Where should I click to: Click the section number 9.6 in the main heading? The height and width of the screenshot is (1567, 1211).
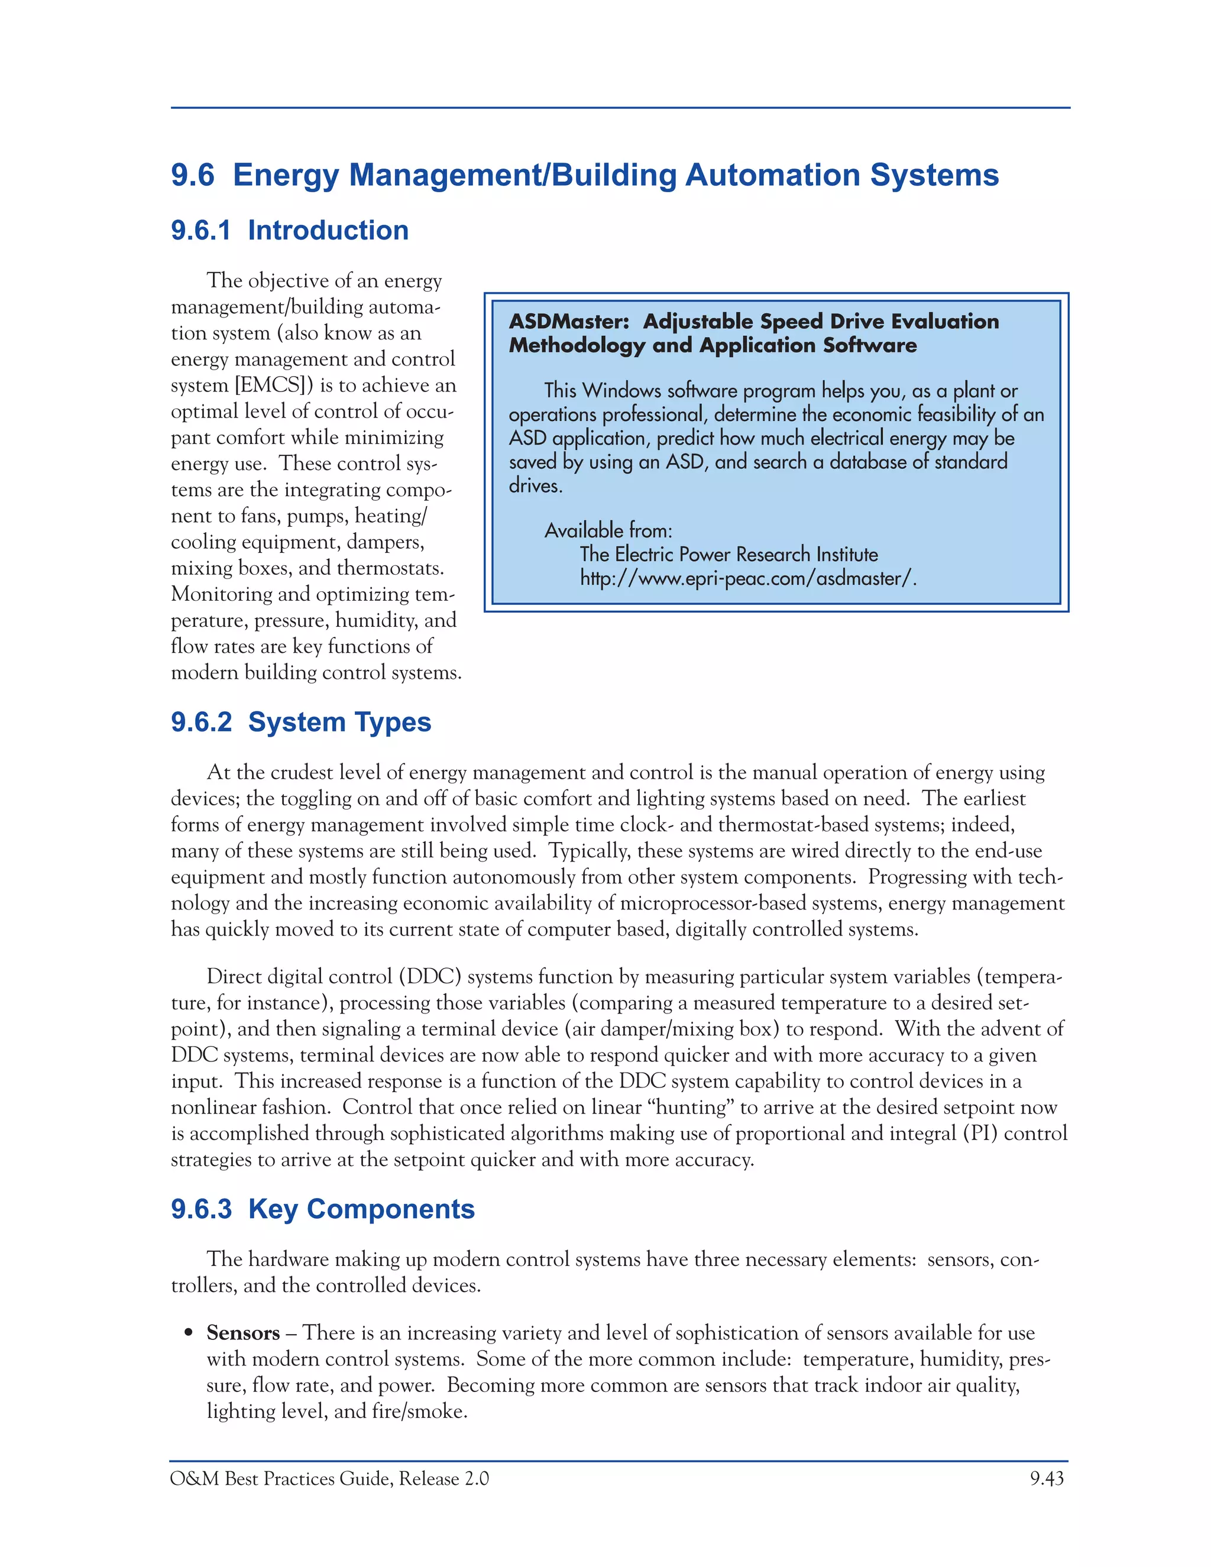pyautogui.click(x=192, y=176)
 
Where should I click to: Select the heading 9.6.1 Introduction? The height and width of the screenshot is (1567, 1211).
pyautogui.click(x=289, y=230)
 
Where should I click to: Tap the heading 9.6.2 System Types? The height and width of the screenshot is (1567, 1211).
pyautogui.click(x=300, y=722)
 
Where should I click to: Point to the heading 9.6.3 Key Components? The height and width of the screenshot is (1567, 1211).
pyautogui.click(x=322, y=1209)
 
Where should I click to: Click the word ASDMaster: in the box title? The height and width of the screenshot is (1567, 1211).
pyautogui.click(x=568, y=322)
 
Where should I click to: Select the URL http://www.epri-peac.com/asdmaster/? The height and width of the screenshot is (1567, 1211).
pyautogui.click(x=747, y=578)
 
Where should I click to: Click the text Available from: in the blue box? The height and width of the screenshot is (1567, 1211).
pyautogui.click(x=608, y=531)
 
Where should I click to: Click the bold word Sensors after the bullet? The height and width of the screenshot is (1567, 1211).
pyautogui.click(x=242, y=1333)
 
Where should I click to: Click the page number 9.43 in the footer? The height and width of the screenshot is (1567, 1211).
pyautogui.click(x=1047, y=1479)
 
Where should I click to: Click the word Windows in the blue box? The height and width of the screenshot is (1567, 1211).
pyautogui.click(x=621, y=391)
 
